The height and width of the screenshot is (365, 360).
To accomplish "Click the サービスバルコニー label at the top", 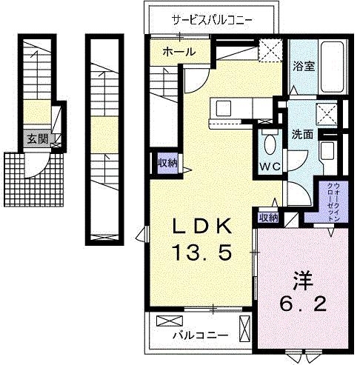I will [213, 20].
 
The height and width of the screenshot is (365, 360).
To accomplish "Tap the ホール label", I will [178, 52].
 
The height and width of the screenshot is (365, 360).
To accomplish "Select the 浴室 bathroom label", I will [303, 64].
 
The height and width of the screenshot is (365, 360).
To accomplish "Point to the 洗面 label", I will [302, 135].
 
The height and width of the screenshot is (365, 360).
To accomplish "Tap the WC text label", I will [269, 166].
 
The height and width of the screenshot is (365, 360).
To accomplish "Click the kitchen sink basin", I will [222, 108].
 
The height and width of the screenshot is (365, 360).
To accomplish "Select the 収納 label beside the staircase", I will [167, 162].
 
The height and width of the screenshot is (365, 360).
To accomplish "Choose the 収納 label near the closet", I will [268, 218].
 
